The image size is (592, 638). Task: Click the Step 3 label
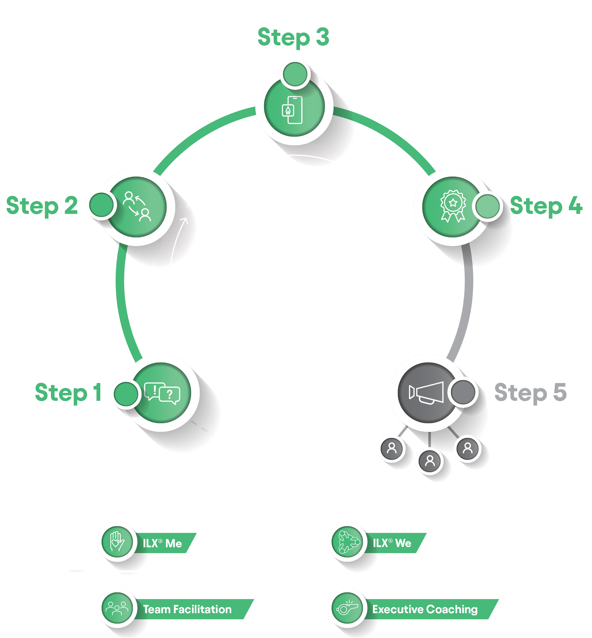[293, 37]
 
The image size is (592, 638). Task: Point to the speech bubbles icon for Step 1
[162, 393]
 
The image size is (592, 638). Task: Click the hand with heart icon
[117, 541]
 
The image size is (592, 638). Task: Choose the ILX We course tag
[392, 543]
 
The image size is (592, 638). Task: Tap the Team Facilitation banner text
[187, 609]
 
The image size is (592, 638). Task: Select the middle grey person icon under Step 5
[430, 461]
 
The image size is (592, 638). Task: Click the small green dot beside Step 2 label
[101, 205]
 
